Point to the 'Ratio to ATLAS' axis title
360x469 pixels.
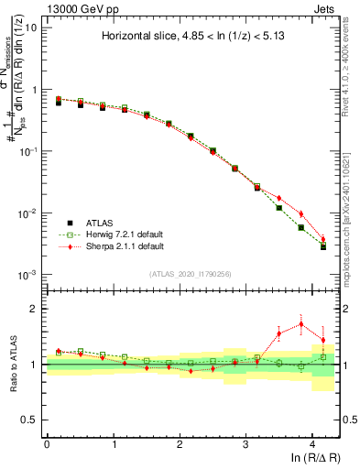[12, 364]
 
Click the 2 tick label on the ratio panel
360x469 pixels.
[34, 309]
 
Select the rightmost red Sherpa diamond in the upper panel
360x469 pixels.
[322, 240]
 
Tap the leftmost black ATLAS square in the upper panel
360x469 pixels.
[59, 103]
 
